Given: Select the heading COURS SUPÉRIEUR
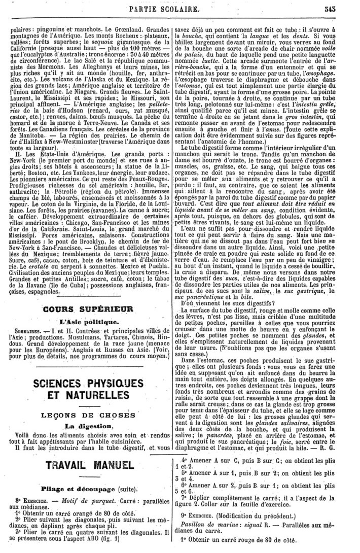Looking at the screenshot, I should [88, 309].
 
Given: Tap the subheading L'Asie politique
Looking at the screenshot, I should [88, 322].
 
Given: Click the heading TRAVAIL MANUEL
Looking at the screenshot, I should [89, 465].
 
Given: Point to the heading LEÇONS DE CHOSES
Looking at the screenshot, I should [88, 414].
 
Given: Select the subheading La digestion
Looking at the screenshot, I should [88, 426].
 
